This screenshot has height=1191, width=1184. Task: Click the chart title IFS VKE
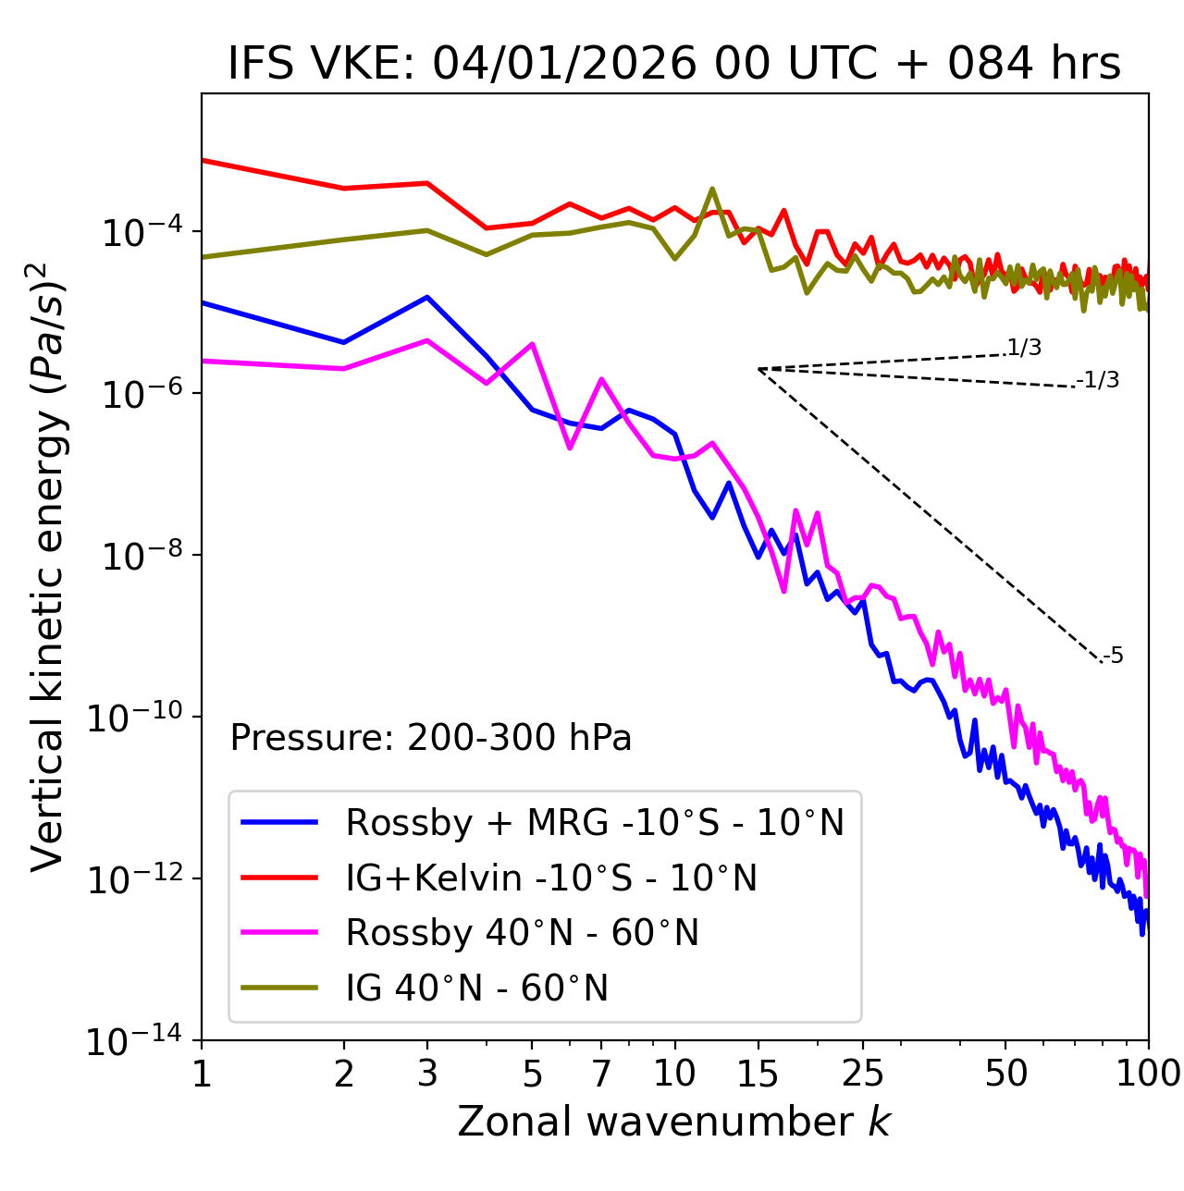click(x=673, y=65)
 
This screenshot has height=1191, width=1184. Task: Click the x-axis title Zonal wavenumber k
click(x=673, y=1121)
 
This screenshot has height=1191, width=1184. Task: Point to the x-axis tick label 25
click(x=863, y=1074)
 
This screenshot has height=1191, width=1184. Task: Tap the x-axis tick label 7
click(x=601, y=1074)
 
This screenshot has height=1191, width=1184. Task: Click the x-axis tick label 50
click(x=1005, y=1074)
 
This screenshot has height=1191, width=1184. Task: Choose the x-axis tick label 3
click(x=427, y=1074)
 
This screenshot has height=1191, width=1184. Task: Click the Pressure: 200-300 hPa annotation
click(x=430, y=738)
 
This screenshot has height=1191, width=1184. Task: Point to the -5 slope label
click(x=1113, y=657)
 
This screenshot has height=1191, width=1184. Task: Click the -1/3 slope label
click(x=1098, y=380)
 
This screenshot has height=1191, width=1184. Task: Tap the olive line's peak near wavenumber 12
click(x=711, y=189)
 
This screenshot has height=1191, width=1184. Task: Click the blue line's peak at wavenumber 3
click(x=427, y=297)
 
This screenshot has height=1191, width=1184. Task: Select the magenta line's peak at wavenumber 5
click(x=532, y=344)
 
